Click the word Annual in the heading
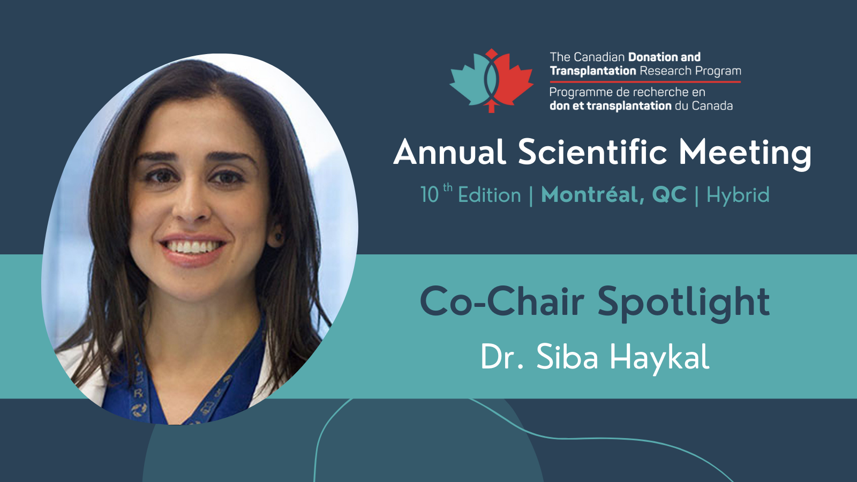450,152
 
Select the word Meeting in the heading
745,154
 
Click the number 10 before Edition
430,195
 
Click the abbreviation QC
670,195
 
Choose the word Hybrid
738,195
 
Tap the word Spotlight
683,303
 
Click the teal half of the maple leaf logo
470,80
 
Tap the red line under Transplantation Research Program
645,81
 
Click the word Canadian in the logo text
599,57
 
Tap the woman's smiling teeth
192,247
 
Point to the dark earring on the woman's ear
277,236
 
